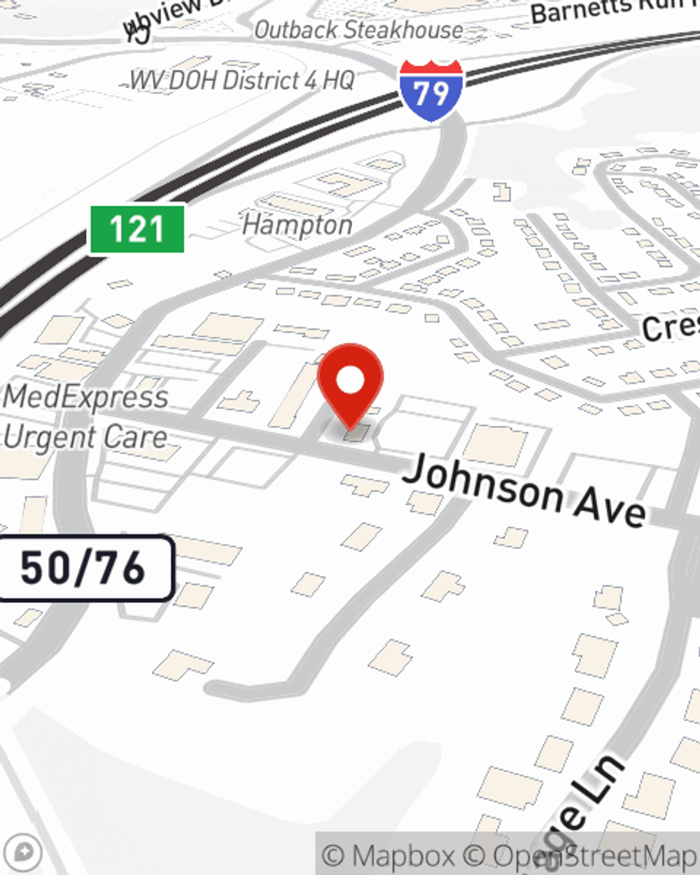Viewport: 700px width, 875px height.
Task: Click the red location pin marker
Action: click(350, 382)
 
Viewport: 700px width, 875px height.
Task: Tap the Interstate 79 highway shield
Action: click(431, 90)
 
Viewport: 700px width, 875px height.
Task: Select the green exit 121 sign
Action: click(137, 229)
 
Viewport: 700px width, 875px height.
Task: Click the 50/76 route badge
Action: click(83, 568)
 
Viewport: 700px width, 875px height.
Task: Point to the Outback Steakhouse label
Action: click(358, 30)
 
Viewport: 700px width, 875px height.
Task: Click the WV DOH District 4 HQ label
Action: click(242, 80)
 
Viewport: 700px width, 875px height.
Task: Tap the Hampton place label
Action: click(297, 225)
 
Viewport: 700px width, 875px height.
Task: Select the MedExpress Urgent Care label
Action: click(85, 417)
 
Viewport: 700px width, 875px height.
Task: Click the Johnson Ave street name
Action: click(524, 491)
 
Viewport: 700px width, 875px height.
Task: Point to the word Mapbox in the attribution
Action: click(402, 855)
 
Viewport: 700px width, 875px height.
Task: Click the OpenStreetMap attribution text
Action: click(594, 855)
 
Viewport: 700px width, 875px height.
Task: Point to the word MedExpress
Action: click(85, 397)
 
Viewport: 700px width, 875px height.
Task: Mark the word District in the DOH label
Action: click(263, 80)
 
